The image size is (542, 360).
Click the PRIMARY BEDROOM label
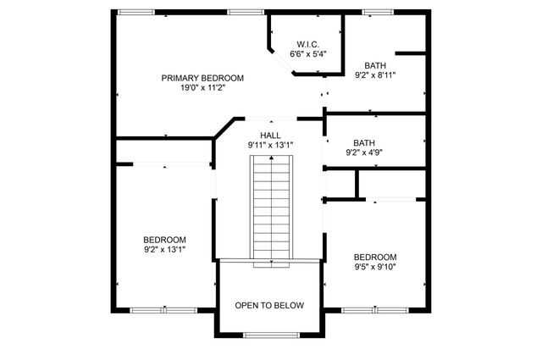pyautogui.click(x=202, y=78)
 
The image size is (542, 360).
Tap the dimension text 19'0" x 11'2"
pyautogui.click(x=202, y=88)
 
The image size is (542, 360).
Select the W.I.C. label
pyautogui.click(x=307, y=44)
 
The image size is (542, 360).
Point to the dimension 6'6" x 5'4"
pyautogui.click(x=307, y=54)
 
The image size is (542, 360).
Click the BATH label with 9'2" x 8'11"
pyautogui.click(x=375, y=65)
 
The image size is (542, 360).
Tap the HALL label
pyautogui.click(x=270, y=135)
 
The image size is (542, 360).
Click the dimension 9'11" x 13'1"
pyautogui.click(x=270, y=145)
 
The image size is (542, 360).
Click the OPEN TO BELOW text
pyautogui.click(x=269, y=305)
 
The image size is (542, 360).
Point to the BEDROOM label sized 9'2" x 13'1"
pyautogui.click(x=164, y=240)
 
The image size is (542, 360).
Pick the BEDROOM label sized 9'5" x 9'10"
pyautogui.click(x=375, y=258)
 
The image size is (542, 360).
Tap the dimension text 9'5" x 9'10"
pyautogui.click(x=375, y=268)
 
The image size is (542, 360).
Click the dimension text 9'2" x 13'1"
pyautogui.click(x=164, y=250)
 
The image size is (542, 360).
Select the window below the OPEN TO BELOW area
pyautogui.click(x=269, y=335)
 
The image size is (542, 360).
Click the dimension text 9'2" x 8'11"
pyautogui.click(x=375, y=75)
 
